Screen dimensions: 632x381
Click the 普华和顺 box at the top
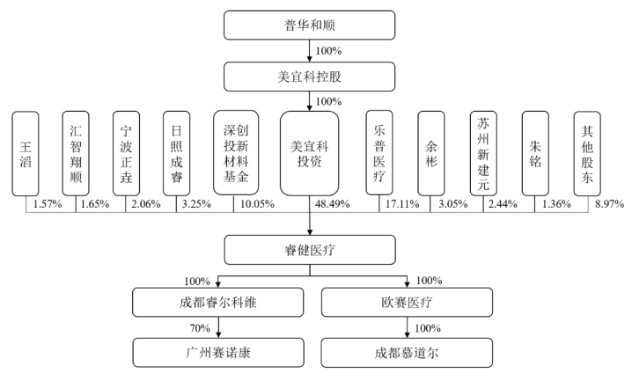(309, 25)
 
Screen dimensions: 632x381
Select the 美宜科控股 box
(309, 77)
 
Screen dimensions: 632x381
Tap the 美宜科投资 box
(309, 153)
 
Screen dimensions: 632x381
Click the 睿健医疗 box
(310, 250)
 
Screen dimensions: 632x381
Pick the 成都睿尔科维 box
(217, 302)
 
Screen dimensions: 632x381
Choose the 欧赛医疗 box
(407, 302)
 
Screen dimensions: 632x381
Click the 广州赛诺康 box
(218, 353)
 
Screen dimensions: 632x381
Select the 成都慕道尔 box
(407, 353)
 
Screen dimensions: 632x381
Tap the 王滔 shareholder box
(26, 154)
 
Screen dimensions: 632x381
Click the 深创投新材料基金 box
(236, 153)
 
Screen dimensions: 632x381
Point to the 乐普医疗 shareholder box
(379, 153)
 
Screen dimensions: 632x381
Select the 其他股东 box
(587, 154)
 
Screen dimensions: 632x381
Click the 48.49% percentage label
(332, 204)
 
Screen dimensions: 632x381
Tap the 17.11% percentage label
(402, 204)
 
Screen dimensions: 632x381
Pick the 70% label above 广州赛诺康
(200, 328)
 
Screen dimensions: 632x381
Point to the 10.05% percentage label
(257, 204)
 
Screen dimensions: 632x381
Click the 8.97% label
(609, 204)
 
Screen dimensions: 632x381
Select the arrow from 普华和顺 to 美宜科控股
(310, 51)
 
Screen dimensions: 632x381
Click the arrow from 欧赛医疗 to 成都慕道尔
(407, 327)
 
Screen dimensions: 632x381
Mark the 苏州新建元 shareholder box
(483, 154)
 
